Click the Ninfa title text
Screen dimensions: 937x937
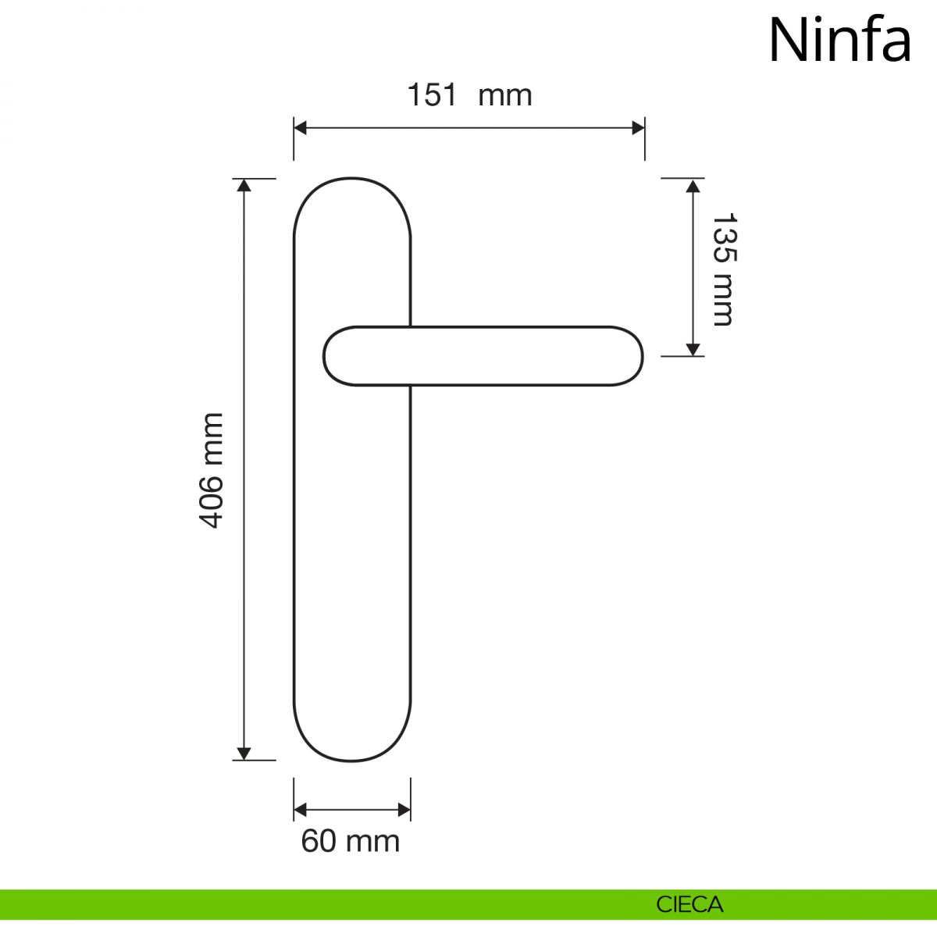point(839,41)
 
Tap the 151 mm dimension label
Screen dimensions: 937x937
point(469,94)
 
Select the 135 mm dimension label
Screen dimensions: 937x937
point(724,269)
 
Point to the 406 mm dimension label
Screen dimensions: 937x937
point(211,470)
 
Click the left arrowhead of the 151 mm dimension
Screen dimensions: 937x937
point(300,128)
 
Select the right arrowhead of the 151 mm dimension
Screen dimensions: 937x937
point(639,128)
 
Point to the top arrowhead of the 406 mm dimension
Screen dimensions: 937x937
point(244,185)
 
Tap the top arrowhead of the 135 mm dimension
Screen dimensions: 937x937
point(693,185)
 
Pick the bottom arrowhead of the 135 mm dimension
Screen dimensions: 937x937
point(693,350)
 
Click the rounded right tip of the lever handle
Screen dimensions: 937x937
point(642,357)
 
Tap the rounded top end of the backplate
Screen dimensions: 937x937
point(352,179)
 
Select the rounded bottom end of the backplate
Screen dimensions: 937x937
point(352,760)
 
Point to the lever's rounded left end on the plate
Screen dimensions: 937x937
point(324,357)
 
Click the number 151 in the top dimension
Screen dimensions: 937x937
point(433,94)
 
